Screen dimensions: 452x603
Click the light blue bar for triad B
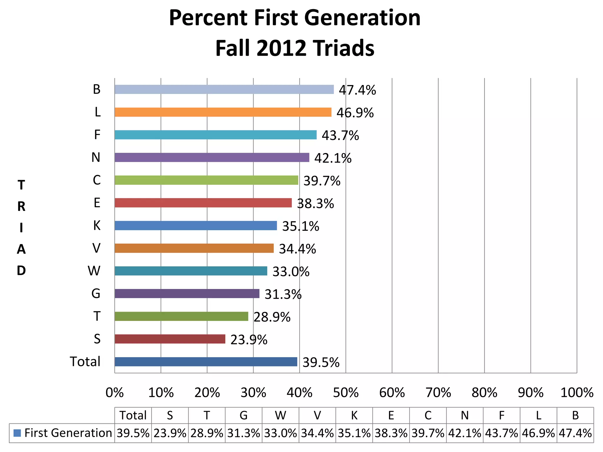[x=224, y=89]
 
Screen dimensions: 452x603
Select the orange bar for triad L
[x=223, y=112]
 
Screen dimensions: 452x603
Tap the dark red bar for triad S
[x=170, y=339]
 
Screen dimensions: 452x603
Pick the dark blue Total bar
[x=206, y=362]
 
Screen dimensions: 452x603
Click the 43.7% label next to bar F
[x=340, y=136]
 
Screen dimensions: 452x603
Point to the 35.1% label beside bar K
[x=300, y=226]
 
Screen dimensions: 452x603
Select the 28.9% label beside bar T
[x=272, y=317]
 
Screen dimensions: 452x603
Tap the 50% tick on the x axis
[x=346, y=393]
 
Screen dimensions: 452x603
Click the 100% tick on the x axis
[x=577, y=393]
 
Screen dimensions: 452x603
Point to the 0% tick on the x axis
[x=115, y=393]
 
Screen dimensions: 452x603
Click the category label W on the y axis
[x=94, y=271]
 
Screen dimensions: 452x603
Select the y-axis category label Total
[x=85, y=362]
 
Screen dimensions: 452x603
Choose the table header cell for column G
[x=243, y=416]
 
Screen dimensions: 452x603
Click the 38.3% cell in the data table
[x=391, y=433]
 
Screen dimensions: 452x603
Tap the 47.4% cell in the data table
[x=575, y=433]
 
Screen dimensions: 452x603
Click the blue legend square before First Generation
[x=17, y=433]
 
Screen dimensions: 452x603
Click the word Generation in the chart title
[x=362, y=18]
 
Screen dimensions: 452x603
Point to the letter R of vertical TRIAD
[x=21, y=207]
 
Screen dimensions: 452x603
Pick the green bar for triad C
[x=206, y=180]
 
